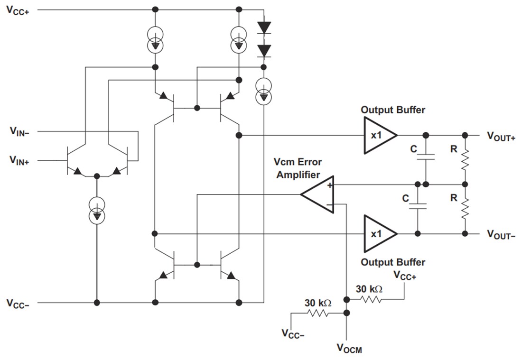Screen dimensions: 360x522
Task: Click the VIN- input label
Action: click(x=19, y=131)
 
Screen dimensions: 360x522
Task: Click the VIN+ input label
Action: click(x=19, y=161)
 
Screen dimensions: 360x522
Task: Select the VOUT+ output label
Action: click(x=501, y=136)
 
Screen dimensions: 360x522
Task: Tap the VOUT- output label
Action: click(x=501, y=234)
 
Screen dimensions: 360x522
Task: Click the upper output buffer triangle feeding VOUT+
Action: click(x=378, y=135)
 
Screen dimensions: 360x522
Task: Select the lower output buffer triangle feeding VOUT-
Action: click(x=378, y=234)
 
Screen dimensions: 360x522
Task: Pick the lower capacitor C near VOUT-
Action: click(x=418, y=206)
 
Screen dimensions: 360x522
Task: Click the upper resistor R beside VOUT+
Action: click(x=465, y=160)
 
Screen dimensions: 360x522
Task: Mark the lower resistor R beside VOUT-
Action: click(x=465, y=209)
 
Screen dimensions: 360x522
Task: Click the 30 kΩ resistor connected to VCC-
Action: click(x=318, y=313)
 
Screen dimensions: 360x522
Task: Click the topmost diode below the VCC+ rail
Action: click(x=263, y=27)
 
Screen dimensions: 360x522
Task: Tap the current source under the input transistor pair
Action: click(x=97, y=211)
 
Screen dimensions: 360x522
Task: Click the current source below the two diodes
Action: click(x=263, y=92)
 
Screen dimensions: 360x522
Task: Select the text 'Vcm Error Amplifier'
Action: click(x=298, y=169)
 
